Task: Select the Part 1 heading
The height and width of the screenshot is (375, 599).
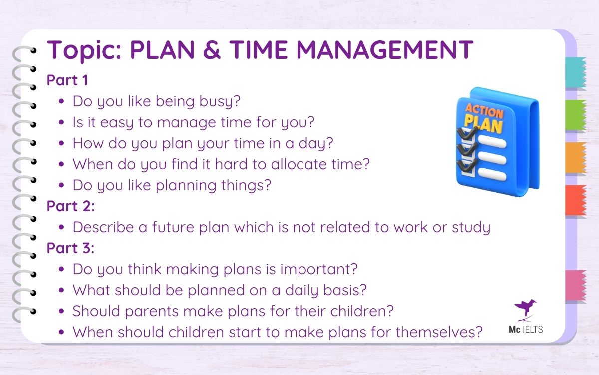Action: pos(67,80)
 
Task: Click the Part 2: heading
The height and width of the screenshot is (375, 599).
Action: pos(69,206)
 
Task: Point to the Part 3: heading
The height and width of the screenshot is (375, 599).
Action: pos(69,248)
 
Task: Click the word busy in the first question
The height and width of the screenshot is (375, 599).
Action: pos(223,102)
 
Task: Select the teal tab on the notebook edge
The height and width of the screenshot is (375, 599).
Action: pos(575,73)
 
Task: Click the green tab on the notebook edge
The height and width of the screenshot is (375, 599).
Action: pos(575,115)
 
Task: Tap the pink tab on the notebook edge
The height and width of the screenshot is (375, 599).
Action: pos(575,285)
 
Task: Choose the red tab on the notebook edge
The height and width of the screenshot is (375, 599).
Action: pos(575,200)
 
